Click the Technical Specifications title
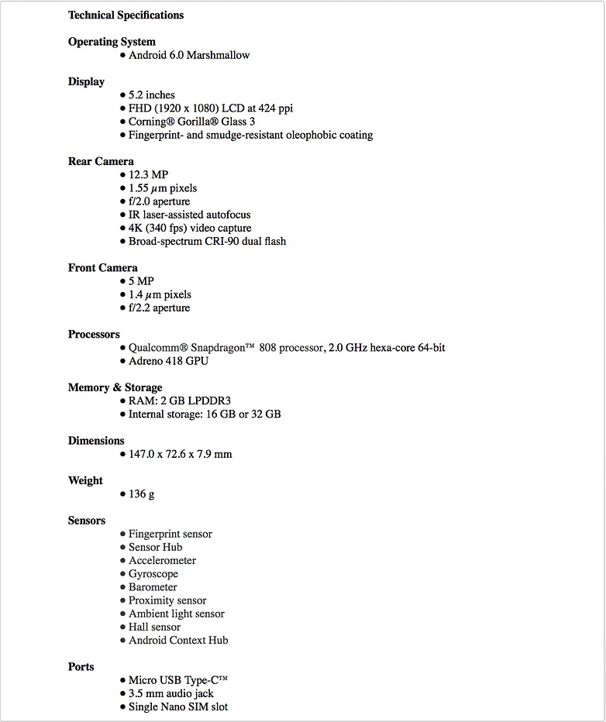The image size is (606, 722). point(126,15)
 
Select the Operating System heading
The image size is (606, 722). point(112,42)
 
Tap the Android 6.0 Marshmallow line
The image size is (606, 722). point(189,55)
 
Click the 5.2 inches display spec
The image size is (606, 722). point(152,95)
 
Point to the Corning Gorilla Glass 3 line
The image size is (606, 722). point(191,122)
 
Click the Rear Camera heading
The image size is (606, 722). point(101,161)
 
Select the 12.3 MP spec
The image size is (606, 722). point(148,174)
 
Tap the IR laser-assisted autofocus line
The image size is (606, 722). point(189,215)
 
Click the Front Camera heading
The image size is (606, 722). point(102,268)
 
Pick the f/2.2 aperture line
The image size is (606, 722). point(159,308)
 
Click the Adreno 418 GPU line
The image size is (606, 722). point(168,361)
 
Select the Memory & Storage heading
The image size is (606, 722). point(115,387)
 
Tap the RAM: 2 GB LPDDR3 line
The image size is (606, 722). point(180,401)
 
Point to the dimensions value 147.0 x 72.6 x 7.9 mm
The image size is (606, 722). point(180,454)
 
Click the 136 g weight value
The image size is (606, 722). point(142,493)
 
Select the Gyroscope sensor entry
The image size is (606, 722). point(153,574)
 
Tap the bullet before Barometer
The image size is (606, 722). point(122,587)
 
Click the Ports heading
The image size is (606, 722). point(81,666)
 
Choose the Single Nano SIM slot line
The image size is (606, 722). point(178,707)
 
